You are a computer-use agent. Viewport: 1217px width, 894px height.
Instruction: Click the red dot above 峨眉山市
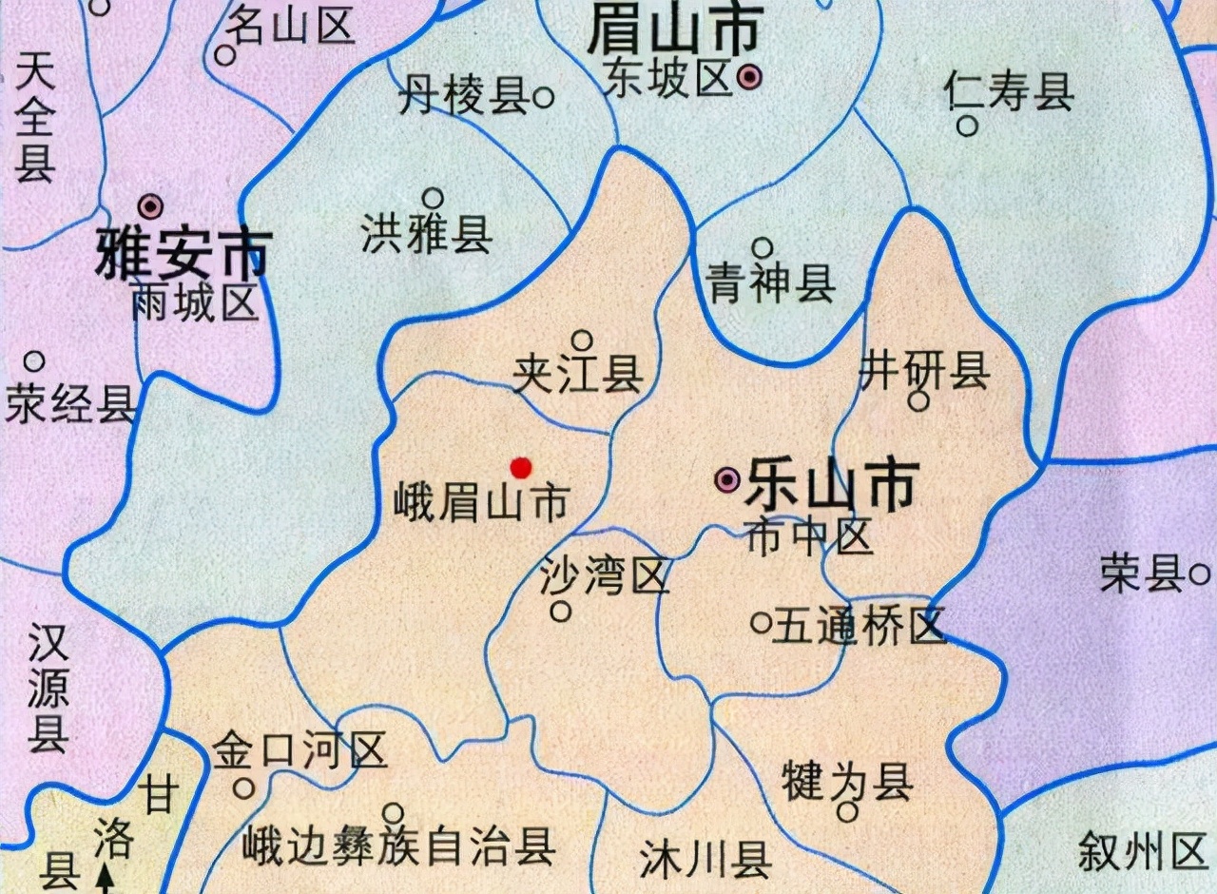(520, 467)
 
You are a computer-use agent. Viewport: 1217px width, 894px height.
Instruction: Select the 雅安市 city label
(183, 255)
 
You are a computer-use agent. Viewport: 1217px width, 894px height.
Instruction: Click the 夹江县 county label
(577, 375)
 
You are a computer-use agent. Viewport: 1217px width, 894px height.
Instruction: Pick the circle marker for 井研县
(918, 401)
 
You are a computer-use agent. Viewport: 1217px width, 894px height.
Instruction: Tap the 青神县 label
(770, 282)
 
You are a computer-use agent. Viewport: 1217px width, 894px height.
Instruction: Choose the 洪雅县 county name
(426, 233)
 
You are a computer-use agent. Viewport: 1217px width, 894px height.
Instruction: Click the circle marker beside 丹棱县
(544, 96)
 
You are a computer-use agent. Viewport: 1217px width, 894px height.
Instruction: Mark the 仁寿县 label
(1010, 92)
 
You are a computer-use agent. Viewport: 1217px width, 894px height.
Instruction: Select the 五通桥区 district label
(859, 625)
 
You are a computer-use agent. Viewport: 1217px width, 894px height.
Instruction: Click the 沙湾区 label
(605, 576)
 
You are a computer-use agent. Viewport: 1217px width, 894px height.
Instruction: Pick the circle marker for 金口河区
(244, 788)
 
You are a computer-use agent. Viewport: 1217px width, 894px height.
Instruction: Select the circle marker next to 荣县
(1201, 573)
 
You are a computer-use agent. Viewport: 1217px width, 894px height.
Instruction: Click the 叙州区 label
(1142, 850)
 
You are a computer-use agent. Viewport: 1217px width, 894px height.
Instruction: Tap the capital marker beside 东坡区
(751, 77)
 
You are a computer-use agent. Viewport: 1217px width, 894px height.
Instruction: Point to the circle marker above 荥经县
(34, 361)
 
